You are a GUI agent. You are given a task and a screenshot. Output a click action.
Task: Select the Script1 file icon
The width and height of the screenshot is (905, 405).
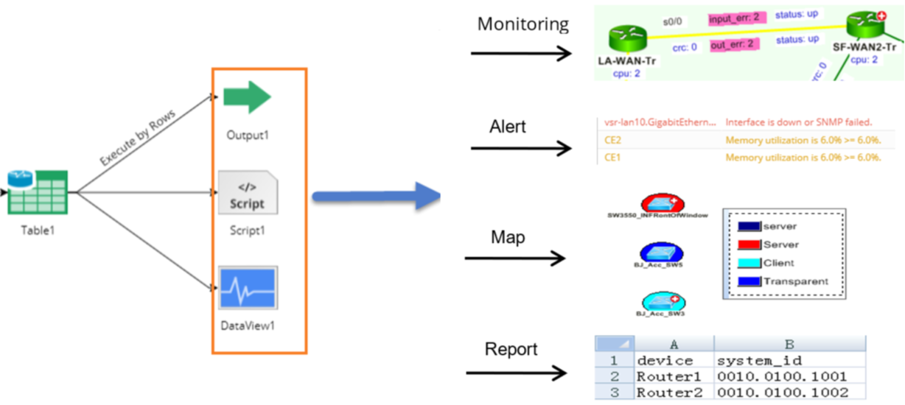pos(248,193)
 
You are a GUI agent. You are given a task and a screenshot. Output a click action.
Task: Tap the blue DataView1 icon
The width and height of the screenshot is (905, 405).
pos(248,289)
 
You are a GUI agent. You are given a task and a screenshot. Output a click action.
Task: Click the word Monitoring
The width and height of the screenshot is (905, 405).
pos(523,24)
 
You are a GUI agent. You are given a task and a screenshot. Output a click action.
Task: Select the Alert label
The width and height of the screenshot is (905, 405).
pos(508,127)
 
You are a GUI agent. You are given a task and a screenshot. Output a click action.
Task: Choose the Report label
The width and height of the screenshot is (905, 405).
pos(511,349)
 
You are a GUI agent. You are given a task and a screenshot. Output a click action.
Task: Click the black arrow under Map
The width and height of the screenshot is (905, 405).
pos(516,258)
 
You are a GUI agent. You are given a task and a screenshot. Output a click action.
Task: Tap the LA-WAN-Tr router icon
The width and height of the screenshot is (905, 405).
pos(627,38)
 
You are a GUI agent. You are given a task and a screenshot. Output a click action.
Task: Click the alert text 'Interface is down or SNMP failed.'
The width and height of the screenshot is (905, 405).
pos(799,121)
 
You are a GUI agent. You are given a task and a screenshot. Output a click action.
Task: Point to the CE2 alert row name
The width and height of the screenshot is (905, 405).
pos(612,139)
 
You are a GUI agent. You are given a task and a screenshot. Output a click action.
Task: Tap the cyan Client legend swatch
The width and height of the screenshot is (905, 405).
pos(747,263)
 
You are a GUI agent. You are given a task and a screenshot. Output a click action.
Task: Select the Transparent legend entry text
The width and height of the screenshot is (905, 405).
pos(795,281)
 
